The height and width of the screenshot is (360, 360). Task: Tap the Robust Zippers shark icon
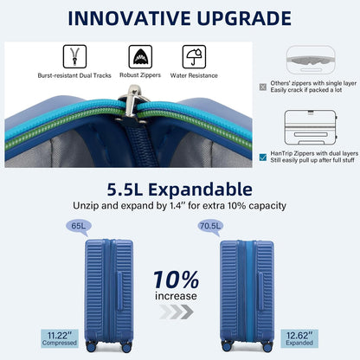click(x=141, y=57)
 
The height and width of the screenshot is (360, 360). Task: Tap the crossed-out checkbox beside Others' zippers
click(x=263, y=86)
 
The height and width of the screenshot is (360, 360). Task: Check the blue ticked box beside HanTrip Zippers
click(x=263, y=157)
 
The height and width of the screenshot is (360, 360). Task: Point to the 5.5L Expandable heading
click(x=179, y=189)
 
